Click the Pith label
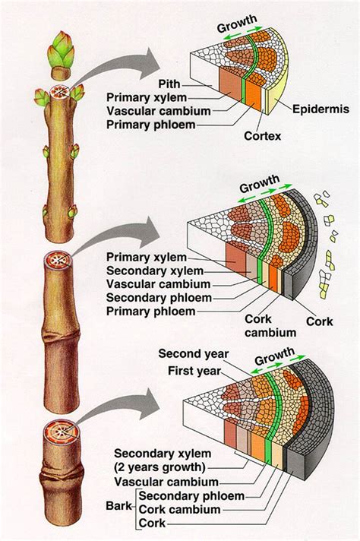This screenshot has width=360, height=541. point(169,83)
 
